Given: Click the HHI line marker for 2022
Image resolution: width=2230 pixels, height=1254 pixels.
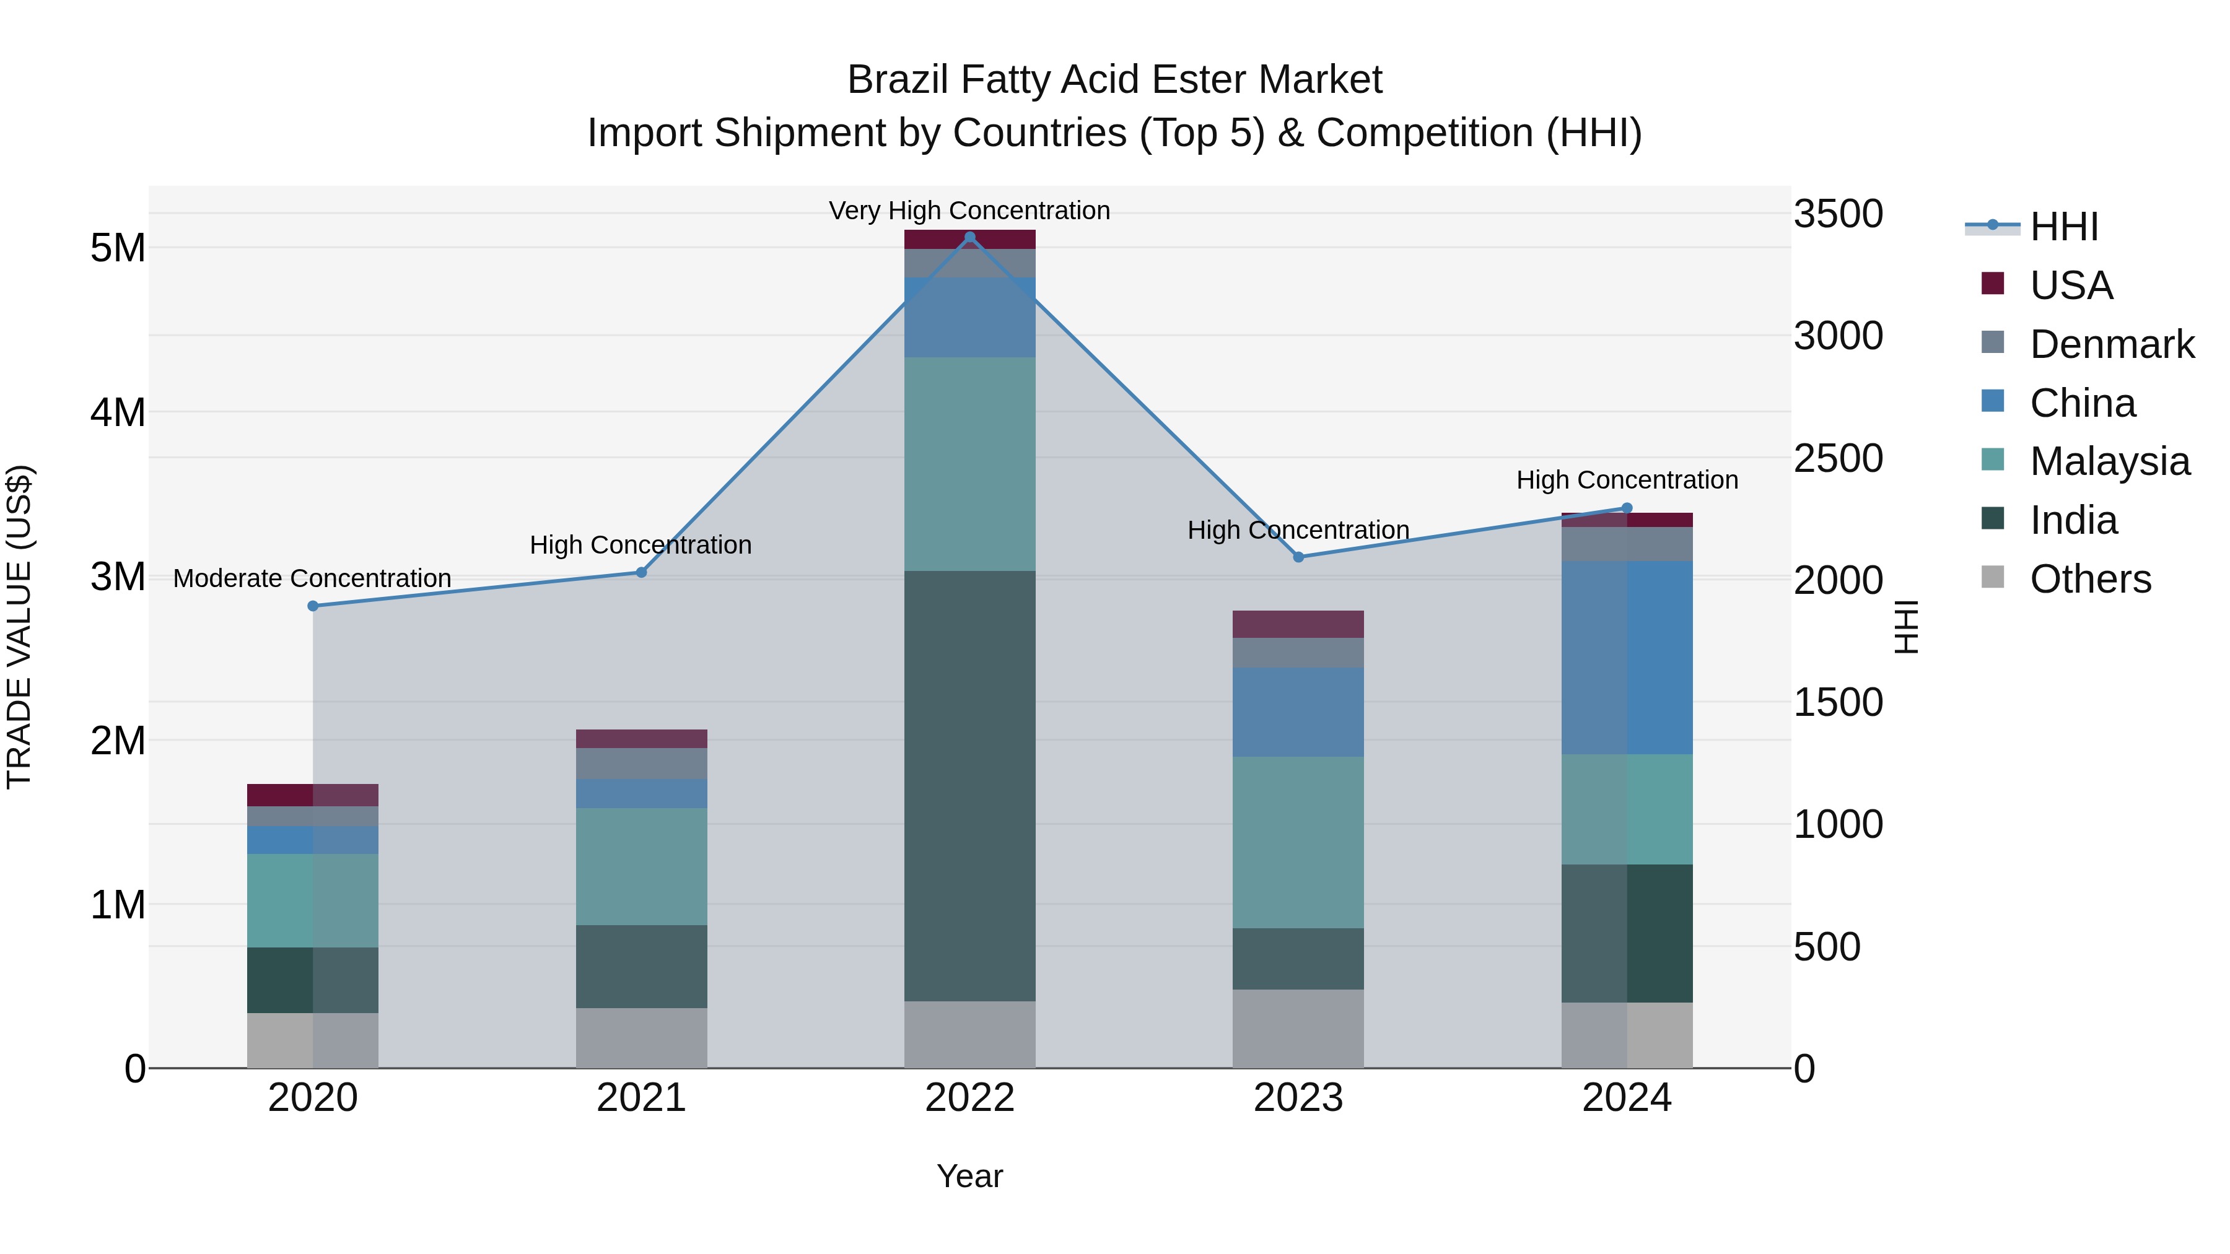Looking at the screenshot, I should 969,237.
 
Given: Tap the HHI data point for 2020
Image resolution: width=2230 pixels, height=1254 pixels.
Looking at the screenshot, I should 313,606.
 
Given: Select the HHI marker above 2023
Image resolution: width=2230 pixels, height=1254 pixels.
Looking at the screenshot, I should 1298,557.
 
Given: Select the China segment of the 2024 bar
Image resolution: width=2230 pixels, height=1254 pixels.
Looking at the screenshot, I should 1627,657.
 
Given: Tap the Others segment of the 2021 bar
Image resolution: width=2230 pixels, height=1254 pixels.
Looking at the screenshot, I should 642,1038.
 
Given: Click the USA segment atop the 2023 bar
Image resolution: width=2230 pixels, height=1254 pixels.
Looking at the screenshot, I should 1298,624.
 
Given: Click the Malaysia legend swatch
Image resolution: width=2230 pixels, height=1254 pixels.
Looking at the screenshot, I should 1992,459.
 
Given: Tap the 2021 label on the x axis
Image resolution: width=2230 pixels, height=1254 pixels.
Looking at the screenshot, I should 642,1097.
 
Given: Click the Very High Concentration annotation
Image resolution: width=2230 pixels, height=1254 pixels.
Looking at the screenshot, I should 969,211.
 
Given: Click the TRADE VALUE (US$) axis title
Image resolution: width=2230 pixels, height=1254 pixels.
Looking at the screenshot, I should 20,627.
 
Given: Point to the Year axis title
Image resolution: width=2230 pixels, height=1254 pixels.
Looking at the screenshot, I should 969,1176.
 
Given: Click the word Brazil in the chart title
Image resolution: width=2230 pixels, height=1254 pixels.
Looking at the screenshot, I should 897,80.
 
